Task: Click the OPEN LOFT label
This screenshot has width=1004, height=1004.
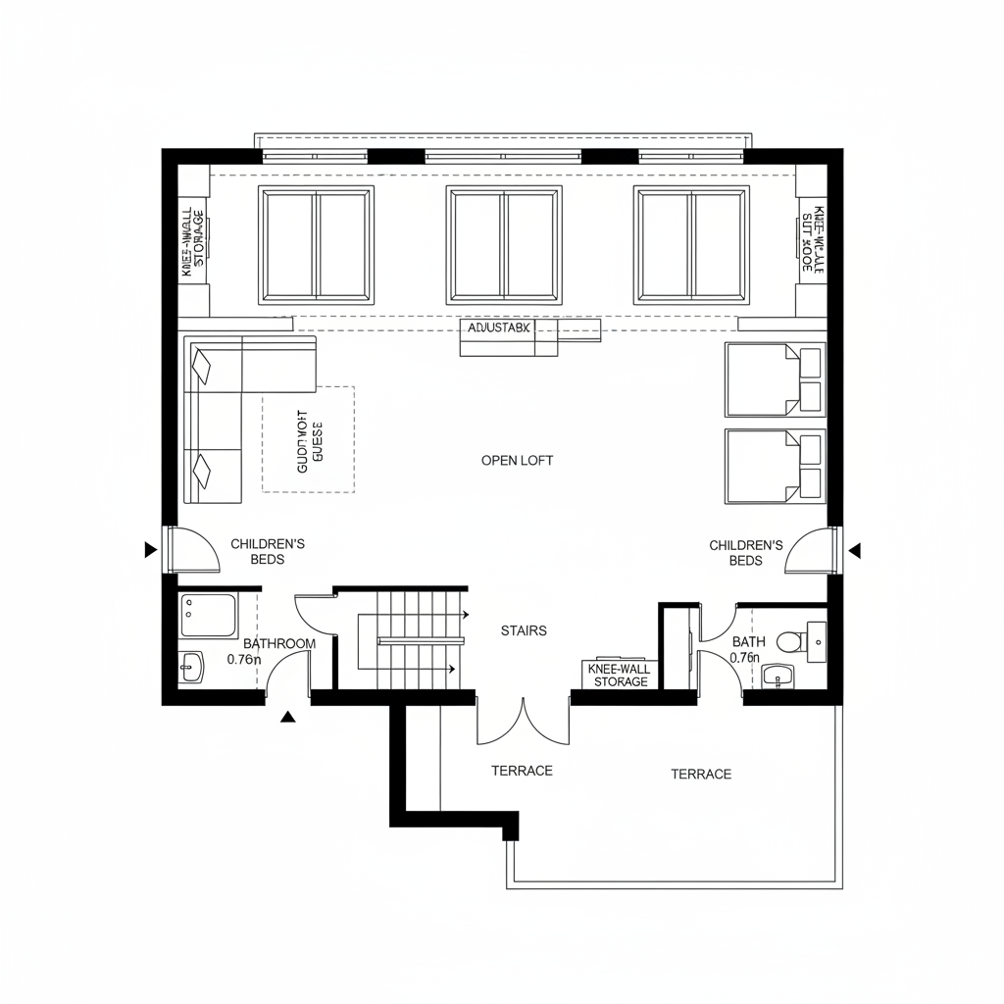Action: click(517, 460)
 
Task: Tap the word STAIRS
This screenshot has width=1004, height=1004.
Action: click(523, 630)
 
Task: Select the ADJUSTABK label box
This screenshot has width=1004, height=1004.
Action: click(498, 327)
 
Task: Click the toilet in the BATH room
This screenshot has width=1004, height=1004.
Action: click(788, 642)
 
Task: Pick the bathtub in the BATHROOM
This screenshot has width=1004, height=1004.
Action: click(208, 615)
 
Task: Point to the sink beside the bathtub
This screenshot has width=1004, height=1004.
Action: click(191, 668)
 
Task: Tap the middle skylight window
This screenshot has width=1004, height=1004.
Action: click(505, 245)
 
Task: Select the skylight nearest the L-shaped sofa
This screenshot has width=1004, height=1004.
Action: click(316, 245)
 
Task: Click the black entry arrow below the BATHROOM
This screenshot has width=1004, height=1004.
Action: click(287, 718)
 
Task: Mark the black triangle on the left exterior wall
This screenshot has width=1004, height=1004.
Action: click(150, 550)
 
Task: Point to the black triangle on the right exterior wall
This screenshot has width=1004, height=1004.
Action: click(855, 551)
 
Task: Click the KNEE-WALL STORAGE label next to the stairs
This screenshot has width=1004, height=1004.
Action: click(620, 675)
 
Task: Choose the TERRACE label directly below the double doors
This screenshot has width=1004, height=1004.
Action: click(522, 771)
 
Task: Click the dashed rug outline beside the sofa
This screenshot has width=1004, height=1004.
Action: click(309, 438)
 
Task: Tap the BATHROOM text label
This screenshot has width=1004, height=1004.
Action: click(279, 644)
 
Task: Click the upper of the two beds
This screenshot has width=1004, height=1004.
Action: click(774, 379)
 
